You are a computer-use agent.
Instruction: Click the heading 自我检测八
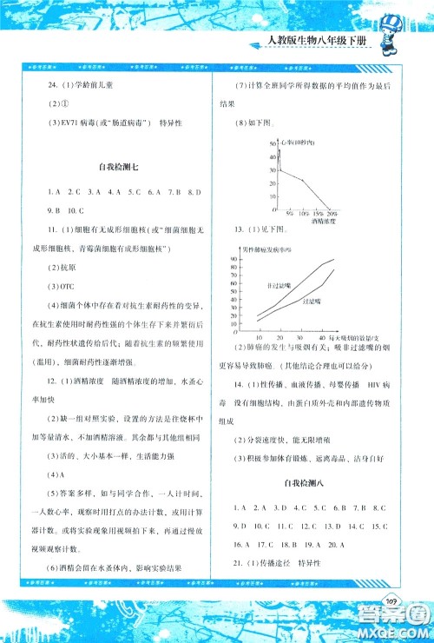click(x=311, y=481)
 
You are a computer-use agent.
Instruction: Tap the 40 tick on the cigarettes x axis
click(x=322, y=336)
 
